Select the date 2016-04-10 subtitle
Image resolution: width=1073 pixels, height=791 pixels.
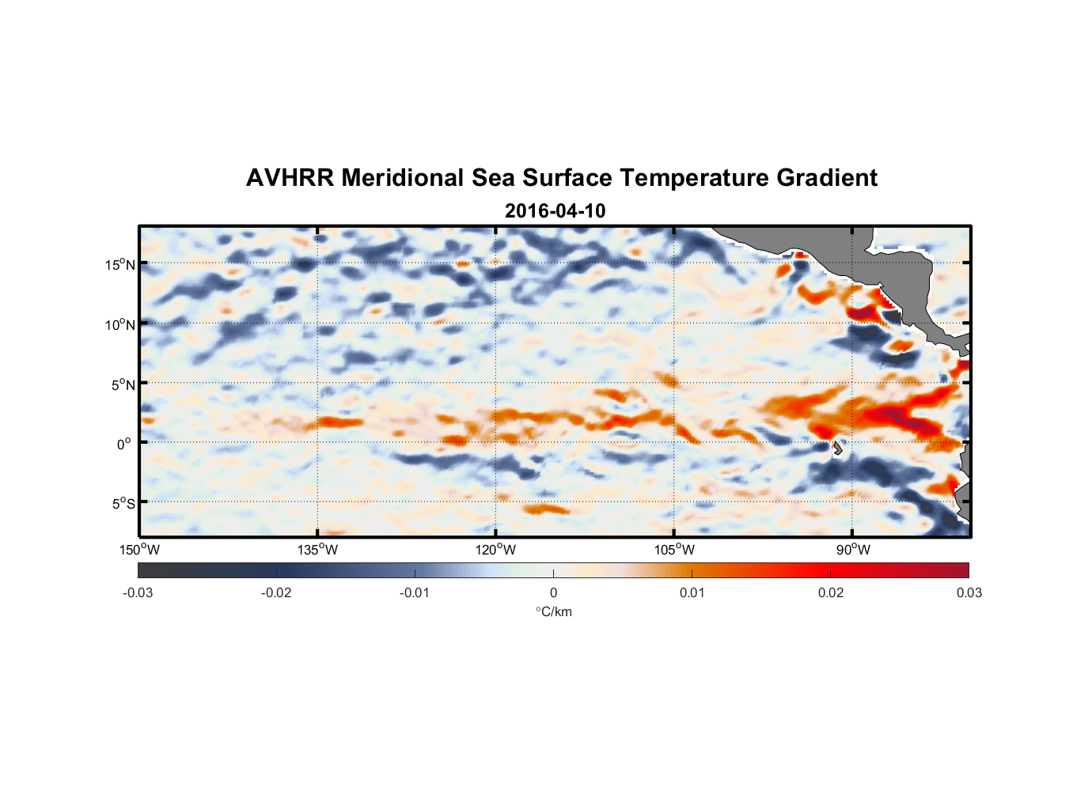tap(555, 211)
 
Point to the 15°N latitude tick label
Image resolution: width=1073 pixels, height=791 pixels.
tap(120, 264)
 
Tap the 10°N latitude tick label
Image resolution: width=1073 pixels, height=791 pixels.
tap(120, 324)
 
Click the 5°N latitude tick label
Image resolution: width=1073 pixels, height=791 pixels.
tap(123, 384)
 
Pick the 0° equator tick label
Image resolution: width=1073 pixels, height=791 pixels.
tap(124, 445)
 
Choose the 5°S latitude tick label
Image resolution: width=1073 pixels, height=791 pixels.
tap(123, 504)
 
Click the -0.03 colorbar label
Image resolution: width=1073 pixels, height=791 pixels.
tap(138, 593)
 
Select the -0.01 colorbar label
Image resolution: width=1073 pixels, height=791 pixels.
tap(415, 593)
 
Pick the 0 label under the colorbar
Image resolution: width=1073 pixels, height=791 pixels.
tap(553, 593)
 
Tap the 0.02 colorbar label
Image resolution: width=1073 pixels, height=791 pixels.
tap(831, 593)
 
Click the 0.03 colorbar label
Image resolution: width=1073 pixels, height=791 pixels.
tap(969, 593)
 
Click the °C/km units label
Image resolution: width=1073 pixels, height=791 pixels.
tap(553, 612)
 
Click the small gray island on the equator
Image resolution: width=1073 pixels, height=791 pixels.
tap(837, 448)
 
